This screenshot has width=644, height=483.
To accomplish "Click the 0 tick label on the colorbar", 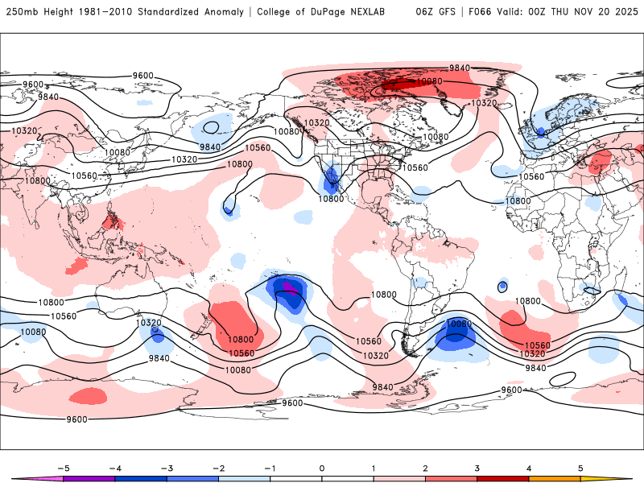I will coord(322,468).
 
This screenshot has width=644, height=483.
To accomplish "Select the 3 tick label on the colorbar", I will coord(477,468).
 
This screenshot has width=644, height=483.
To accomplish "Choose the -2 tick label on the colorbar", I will coord(218,468).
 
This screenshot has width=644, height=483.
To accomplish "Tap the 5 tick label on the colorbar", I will coord(580,468).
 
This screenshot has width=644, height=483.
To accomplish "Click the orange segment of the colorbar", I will coord(555,478).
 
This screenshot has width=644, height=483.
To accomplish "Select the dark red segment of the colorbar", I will coord(503,478).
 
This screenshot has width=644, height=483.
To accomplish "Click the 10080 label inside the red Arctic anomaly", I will coord(429,81).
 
